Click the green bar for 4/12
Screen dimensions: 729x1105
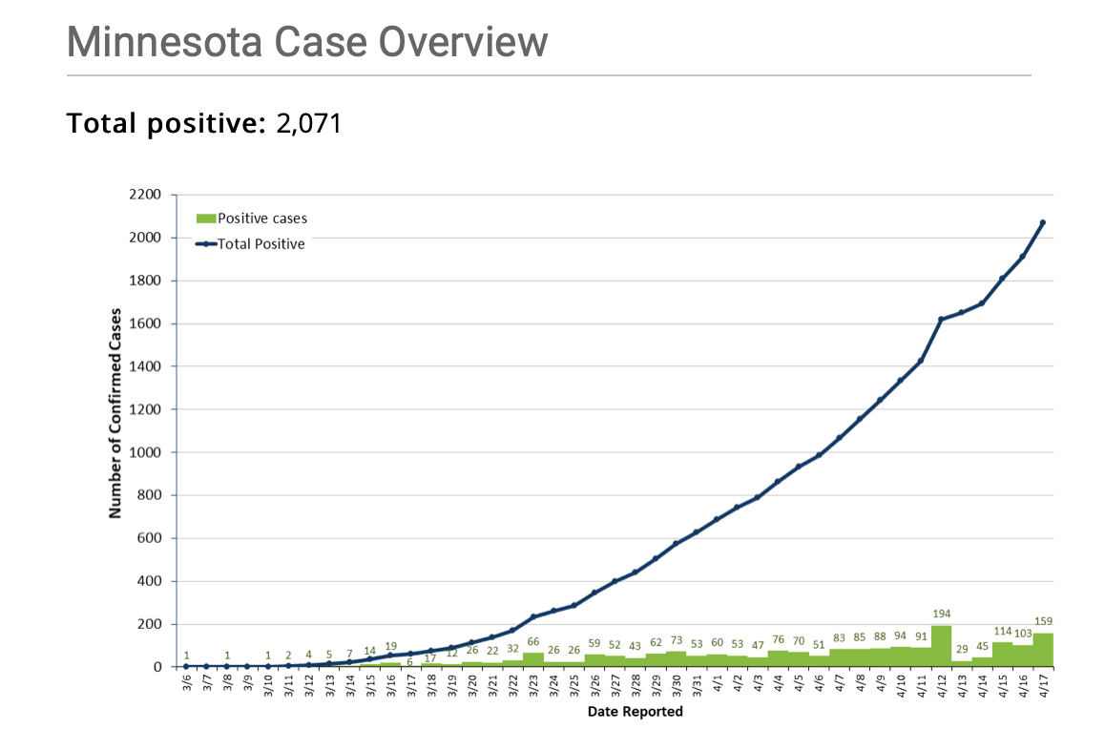(941, 646)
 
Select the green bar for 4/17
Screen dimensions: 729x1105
(1043, 650)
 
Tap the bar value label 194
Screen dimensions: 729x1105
(941, 614)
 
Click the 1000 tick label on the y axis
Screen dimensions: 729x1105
(153, 452)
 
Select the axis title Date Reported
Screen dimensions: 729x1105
(635, 712)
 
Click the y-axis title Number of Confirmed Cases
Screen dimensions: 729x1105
(115, 412)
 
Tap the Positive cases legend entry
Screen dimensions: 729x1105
(253, 219)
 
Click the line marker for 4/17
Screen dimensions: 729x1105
(1043, 222)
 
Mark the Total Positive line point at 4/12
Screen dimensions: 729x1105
(941, 319)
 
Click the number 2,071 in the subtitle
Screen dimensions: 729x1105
(308, 123)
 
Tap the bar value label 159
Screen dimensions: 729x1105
(1043, 621)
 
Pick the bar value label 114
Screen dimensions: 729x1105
(1002, 631)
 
